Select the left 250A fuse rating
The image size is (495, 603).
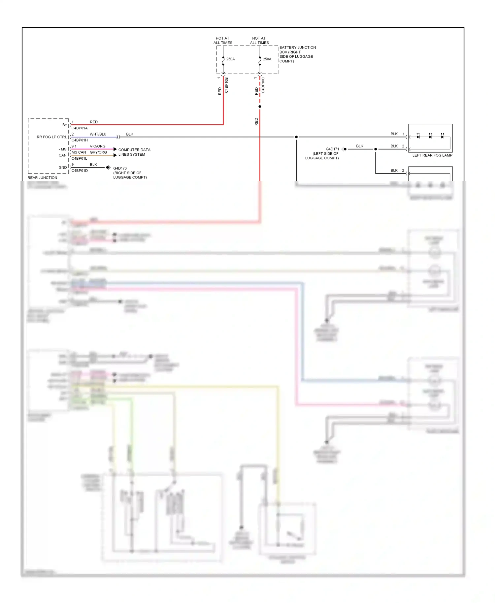(x=230, y=59)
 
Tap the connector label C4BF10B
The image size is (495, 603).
(x=227, y=85)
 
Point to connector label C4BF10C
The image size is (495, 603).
(x=263, y=85)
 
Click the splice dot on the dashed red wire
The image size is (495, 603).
(x=260, y=107)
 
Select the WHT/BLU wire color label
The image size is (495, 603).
(x=98, y=134)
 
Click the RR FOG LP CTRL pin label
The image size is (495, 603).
(x=51, y=137)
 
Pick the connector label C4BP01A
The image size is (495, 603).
(x=80, y=128)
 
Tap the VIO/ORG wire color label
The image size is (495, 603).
(x=98, y=146)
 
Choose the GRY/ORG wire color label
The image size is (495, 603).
(x=98, y=152)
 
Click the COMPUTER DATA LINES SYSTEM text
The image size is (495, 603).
(x=134, y=152)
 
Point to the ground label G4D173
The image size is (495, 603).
(x=120, y=168)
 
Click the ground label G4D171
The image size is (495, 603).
(x=332, y=149)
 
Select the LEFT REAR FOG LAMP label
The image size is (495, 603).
(x=432, y=155)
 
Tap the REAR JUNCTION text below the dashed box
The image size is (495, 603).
(x=42, y=178)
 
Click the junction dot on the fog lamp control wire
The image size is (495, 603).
(x=296, y=137)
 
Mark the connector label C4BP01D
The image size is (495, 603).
(x=80, y=171)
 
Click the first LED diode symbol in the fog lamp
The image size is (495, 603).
(x=418, y=137)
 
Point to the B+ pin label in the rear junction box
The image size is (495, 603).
(x=64, y=125)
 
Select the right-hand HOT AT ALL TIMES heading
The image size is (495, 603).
(x=259, y=41)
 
